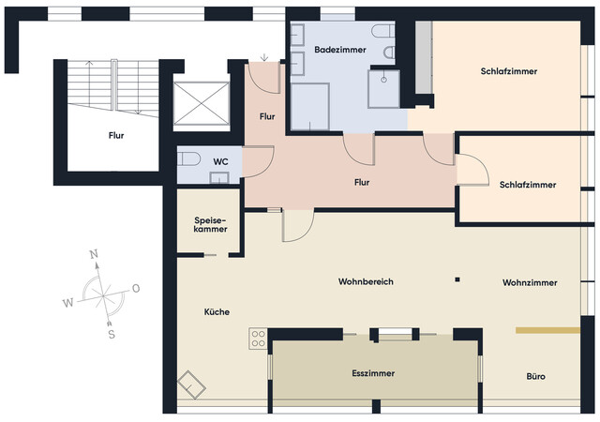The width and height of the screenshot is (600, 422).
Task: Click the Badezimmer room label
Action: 333,49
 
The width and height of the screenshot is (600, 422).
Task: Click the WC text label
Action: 220,161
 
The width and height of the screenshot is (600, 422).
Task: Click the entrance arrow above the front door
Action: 265,57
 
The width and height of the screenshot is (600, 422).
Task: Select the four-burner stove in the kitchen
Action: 259,339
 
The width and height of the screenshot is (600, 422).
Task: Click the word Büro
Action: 536,377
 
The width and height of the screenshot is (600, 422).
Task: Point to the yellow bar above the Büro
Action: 547,329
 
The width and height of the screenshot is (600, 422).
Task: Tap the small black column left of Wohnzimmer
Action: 457,279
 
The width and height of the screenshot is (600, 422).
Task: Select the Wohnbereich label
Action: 366,281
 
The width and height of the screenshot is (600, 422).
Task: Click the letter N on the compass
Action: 94,255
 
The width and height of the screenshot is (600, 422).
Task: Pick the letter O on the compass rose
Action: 136,288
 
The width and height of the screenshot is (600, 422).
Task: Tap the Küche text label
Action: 216,312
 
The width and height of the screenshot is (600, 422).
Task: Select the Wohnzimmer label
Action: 530,282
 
